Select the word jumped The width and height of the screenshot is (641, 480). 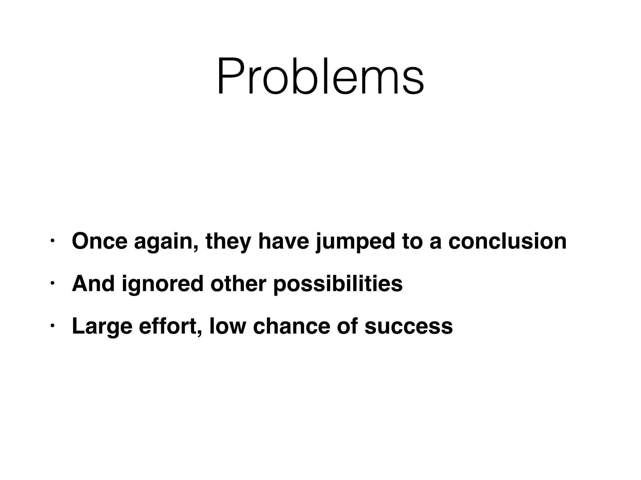coord(355,242)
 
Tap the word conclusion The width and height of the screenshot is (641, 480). coord(507,241)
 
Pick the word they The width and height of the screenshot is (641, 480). coord(228,242)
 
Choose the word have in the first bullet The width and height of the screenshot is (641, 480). coord(283,241)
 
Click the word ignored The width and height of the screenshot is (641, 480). coord(162,284)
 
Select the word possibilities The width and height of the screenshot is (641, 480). coord(338,284)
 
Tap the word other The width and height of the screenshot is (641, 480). coord(238,283)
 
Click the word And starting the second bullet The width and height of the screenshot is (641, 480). coord(93,283)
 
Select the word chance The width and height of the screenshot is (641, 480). coord(291,326)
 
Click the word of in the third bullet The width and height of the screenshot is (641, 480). coord(347,326)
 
